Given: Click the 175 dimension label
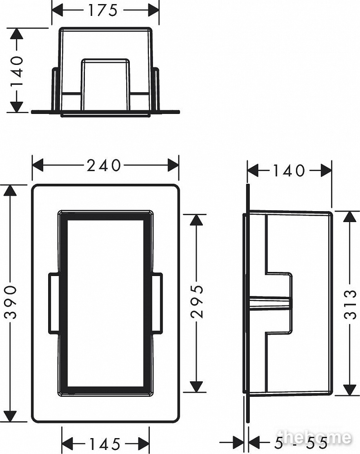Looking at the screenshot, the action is [x=103, y=10].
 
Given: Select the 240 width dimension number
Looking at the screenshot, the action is [x=104, y=165].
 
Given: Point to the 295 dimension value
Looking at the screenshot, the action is [x=197, y=301].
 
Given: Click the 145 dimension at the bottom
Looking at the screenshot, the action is [x=105, y=444].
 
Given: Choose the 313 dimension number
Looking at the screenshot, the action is [x=350, y=304].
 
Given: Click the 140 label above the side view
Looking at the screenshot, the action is [x=289, y=171].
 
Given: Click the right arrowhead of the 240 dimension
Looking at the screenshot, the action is [x=173, y=165].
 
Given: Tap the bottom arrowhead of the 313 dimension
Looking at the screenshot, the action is [x=350, y=390].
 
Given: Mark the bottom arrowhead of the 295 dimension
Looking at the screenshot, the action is [x=197, y=386].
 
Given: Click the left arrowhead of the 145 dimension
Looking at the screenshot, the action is [x=68, y=444].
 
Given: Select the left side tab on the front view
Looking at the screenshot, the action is [x=54, y=303].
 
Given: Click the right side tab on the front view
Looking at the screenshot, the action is [x=157, y=303].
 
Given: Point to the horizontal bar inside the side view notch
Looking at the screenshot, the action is [x=269, y=303].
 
